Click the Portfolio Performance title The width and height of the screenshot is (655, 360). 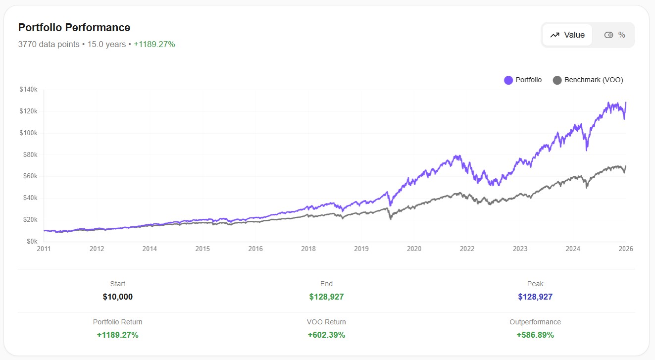[74, 28]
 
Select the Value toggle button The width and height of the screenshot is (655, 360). [567, 35]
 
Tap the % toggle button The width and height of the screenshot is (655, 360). [614, 35]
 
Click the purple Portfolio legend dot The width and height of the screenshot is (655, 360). [508, 80]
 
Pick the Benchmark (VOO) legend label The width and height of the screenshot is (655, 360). [594, 80]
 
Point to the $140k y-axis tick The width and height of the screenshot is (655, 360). [29, 90]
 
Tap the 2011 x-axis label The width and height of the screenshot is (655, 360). [44, 249]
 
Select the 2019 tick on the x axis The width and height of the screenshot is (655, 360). [361, 249]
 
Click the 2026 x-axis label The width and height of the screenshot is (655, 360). [626, 249]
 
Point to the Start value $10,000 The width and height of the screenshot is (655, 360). [118, 297]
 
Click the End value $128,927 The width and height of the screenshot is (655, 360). [326, 297]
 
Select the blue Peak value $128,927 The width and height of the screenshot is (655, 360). [535, 297]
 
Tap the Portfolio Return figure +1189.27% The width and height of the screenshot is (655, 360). [118, 335]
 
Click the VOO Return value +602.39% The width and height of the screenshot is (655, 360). [326, 335]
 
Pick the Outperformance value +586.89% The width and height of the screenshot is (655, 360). [535, 335]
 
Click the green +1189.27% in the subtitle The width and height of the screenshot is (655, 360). [154, 44]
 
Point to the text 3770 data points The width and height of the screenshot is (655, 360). [49, 44]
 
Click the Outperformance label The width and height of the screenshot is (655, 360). [535, 322]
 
